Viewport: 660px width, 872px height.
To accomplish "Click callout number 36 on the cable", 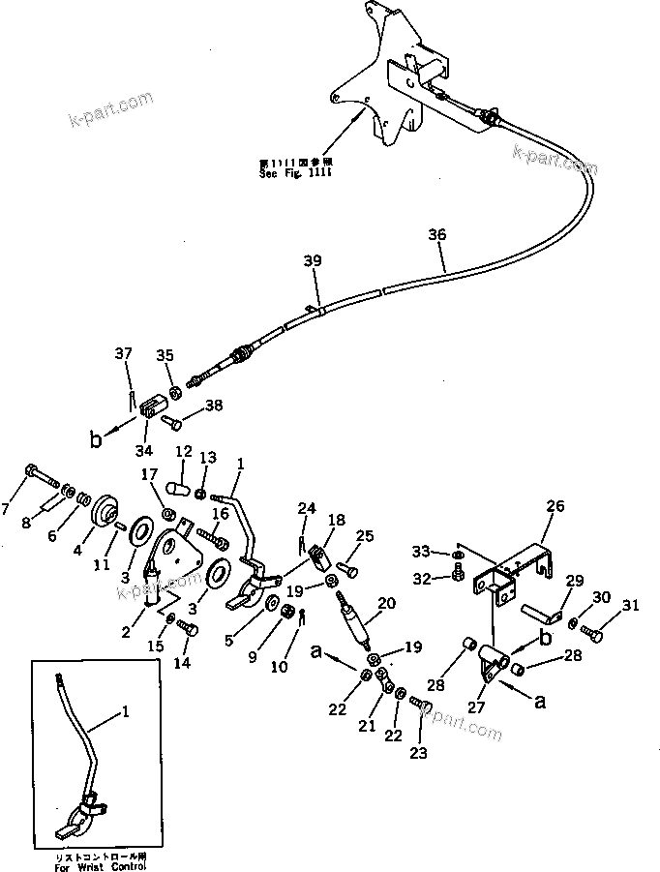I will [437, 234].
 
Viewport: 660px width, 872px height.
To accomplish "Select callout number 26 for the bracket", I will [555, 505].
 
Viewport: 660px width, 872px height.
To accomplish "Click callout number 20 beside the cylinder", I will [386, 603].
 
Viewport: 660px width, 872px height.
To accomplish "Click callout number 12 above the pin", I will [183, 452].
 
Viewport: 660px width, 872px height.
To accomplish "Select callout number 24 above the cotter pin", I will [307, 508].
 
